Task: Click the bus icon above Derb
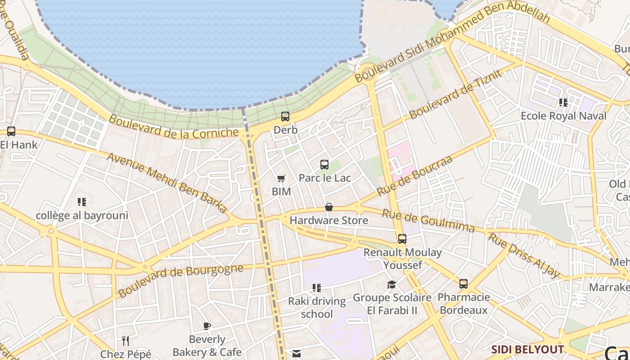(285, 117)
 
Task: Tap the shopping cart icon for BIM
(281, 179)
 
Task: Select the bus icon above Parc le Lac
(324, 165)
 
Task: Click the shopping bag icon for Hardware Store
(329, 207)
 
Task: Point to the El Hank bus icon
(11, 131)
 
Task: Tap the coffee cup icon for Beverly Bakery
(207, 326)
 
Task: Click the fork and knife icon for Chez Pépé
(126, 341)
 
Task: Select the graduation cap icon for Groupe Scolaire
(392, 284)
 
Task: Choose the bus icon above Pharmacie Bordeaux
(463, 284)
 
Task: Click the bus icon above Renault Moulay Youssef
(402, 239)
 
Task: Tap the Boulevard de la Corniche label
(174, 127)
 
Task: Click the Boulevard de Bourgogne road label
(180, 281)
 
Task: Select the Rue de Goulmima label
(428, 220)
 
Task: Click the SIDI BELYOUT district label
(527, 350)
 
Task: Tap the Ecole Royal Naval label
(563, 116)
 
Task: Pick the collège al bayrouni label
(82, 216)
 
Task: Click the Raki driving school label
(317, 307)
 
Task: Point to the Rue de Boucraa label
(414, 176)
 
